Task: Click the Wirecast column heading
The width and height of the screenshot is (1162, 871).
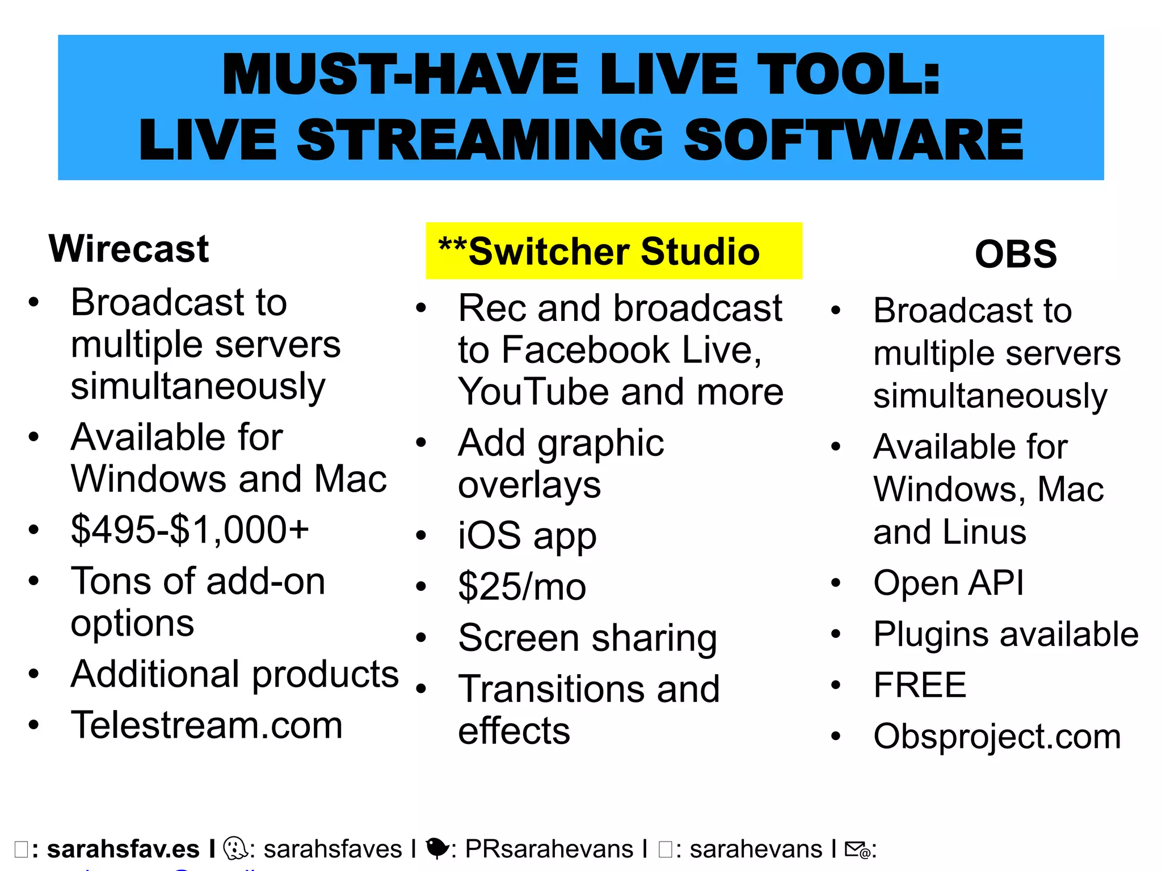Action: [129, 249]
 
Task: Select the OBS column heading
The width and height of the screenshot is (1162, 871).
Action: [1016, 254]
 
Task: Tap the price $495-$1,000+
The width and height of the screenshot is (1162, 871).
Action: [190, 530]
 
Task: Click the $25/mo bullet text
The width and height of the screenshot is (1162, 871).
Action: [522, 587]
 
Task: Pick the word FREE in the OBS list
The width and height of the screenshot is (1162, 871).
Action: [920, 685]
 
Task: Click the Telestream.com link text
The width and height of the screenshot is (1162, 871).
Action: [207, 725]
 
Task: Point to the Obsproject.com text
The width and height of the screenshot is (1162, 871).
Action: [997, 737]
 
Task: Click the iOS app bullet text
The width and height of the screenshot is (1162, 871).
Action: [527, 536]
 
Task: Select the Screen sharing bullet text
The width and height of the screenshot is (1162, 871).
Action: [588, 639]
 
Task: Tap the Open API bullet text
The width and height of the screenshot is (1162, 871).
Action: [949, 583]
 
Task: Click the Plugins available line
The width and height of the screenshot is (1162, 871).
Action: [1005, 634]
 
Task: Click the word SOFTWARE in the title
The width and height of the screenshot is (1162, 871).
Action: [853, 141]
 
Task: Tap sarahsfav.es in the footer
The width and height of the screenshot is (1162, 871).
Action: [123, 849]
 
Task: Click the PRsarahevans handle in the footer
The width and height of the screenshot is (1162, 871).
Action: [549, 849]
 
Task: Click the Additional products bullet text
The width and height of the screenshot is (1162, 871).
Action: [234, 675]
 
